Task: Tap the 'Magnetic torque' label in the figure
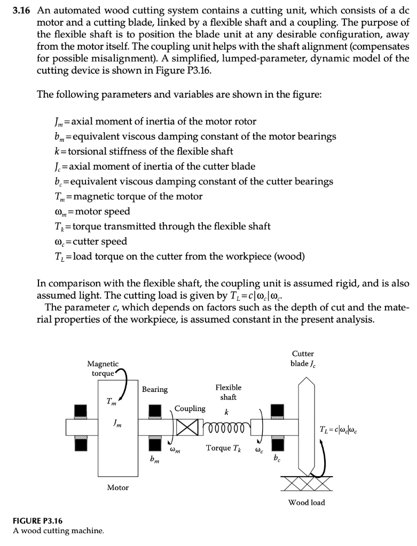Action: click(103, 368)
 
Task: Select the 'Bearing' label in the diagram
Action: click(155, 390)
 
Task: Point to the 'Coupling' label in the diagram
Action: click(190, 408)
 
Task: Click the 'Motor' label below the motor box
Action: click(117, 487)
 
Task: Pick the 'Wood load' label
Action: click(306, 502)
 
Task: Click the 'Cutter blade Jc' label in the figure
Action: click(303, 359)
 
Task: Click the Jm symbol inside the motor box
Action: click(116, 424)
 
